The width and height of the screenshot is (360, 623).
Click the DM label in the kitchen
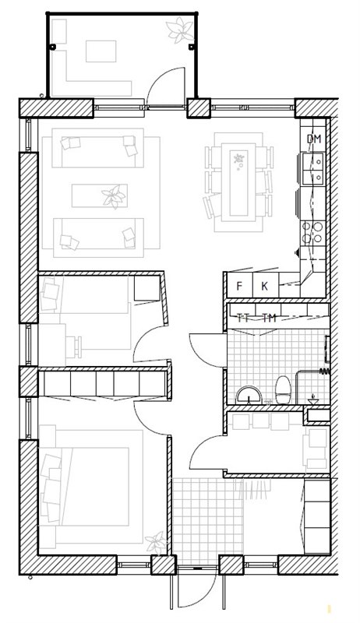pyautogui.click(x=313, y=139)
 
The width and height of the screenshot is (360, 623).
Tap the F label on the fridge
pyautogui.click(x=239, y=286)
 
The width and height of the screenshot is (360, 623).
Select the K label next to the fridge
pyautogui.click(x=265, y=286)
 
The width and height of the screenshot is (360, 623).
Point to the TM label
pyautogui.click(x=269, y=318)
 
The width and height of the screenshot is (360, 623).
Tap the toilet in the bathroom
pyautogui.click(x=283, y=390)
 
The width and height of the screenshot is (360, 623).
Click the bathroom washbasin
pyautogui.click(x=249, y=396)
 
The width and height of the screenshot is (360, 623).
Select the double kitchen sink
pyautogui.click(x=313, y=168)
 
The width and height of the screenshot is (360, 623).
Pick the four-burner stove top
pyautogui.click(x=312, y=233)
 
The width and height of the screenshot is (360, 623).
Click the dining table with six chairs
pyautogui.click(x=238, y=181)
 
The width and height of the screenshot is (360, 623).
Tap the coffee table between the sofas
pyautogui.click(x=100, y=195)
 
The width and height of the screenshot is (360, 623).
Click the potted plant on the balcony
pyautogui.click(x=180, y=30)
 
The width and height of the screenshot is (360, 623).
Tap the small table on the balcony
pyautogui.click(x=101, y=51)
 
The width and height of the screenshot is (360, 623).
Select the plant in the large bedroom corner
pyautogui.click(x=156, y=543)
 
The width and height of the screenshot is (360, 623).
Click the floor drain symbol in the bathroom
pyautogui.click(x=313, y=400)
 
